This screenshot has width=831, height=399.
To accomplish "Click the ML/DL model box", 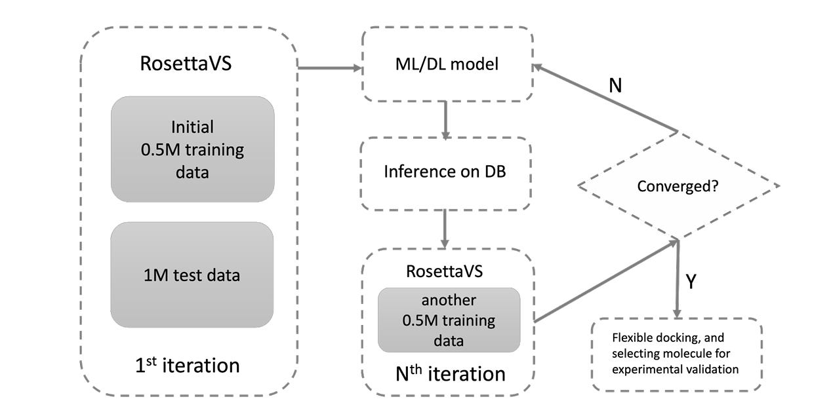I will (447, 64).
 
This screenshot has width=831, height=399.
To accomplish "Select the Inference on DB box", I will (445, 174).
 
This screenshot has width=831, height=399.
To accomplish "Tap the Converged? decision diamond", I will (678, 186).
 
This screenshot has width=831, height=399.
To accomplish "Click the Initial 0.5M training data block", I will (192, 149).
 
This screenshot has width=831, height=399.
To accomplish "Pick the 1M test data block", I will (192, 275).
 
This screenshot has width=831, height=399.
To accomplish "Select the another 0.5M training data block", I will (449, 320).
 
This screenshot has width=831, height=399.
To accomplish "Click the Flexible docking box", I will (676, 354).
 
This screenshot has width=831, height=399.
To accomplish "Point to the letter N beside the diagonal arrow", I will (615, 86).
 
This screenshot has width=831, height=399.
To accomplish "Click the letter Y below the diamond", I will (691, 282).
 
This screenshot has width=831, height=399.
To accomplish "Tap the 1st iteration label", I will (188, 364).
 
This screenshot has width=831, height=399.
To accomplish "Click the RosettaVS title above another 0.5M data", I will (444, 271).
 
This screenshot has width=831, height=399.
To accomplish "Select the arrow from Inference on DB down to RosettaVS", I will (445, 229).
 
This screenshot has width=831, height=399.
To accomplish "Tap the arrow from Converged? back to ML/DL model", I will (603, 98).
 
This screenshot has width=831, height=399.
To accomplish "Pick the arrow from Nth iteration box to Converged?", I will (603, 282).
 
